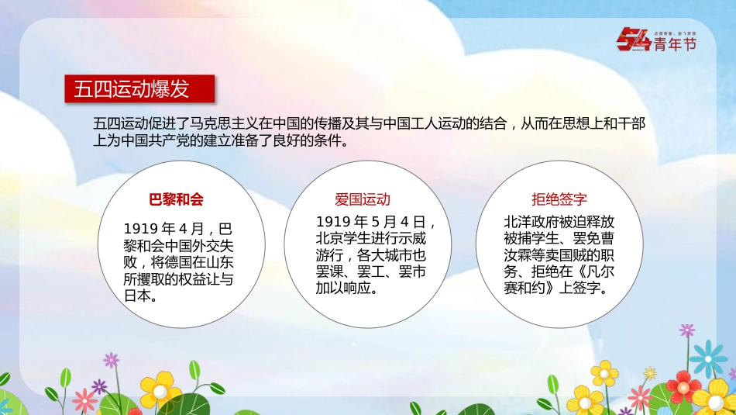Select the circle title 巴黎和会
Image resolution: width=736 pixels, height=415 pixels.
pyautogui.click(x=176, y=199)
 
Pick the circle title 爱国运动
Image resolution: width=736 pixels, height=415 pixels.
pyautogui.click(x=363, y=199)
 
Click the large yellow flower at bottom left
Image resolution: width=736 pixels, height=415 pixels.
pyautogui.click(x=160, y=389)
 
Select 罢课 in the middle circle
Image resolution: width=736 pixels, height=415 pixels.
pyautogui.click(x=330, y=272)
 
